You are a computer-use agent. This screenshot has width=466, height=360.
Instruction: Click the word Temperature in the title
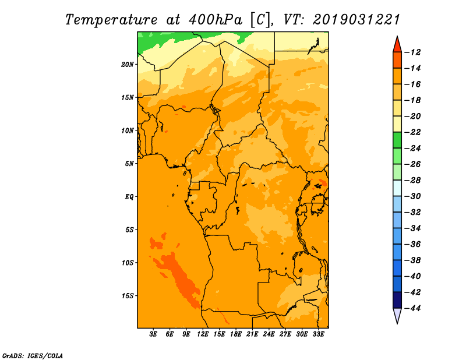pyautogui.click(x=111, y=20)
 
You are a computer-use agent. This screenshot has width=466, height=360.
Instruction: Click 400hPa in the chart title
pyautogui.click(x=216, y=20)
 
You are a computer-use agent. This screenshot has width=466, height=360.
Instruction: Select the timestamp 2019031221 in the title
pyautogui.click(x=356, y=20)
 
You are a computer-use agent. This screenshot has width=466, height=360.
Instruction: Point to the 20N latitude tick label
pyautogui.click(x=127, y=65)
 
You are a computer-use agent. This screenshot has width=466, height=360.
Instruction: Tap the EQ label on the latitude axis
pyautogui.click(x=129, y=197)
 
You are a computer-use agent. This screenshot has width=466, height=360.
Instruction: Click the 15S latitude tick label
pyautogui.click(x=128, y=296)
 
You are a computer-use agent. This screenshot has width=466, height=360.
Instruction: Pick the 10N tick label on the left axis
pyautogui.click(x=127, y=130)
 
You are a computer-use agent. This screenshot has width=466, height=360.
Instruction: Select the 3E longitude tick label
pyautogui.click(x=153, y=334)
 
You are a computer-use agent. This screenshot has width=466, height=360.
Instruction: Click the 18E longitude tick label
pyautogui.click(x=236, y=334)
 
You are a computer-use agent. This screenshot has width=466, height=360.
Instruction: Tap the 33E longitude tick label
pyautogui.click(x=318, y=334)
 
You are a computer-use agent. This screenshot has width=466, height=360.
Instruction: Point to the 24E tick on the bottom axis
pyautogui.click(x=269, y=334)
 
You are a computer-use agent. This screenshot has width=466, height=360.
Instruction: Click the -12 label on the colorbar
pyautogui.click(x=412, y=52)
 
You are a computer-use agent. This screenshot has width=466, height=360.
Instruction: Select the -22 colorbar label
pyautogui.click(x=412, y=132)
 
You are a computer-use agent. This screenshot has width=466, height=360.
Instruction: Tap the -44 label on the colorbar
pyautogui.click(x=412, y=308)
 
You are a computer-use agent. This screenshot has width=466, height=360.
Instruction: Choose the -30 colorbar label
pyautogui.click(x=412, y=196)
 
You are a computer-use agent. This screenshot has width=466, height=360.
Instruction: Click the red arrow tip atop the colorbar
pyautogui.click(x=397, y=36)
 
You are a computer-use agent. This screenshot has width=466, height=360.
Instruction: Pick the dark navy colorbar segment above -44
pyautogui.click(x=397, y=300)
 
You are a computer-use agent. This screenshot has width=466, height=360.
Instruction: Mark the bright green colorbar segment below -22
pyautogui.click(x=397, y=140)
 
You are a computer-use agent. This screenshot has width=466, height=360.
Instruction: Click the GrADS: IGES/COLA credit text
pyautogui.click(x=33, y=355)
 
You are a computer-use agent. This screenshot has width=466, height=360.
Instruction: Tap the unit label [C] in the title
pyautogui.click(x=259, y=20)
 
